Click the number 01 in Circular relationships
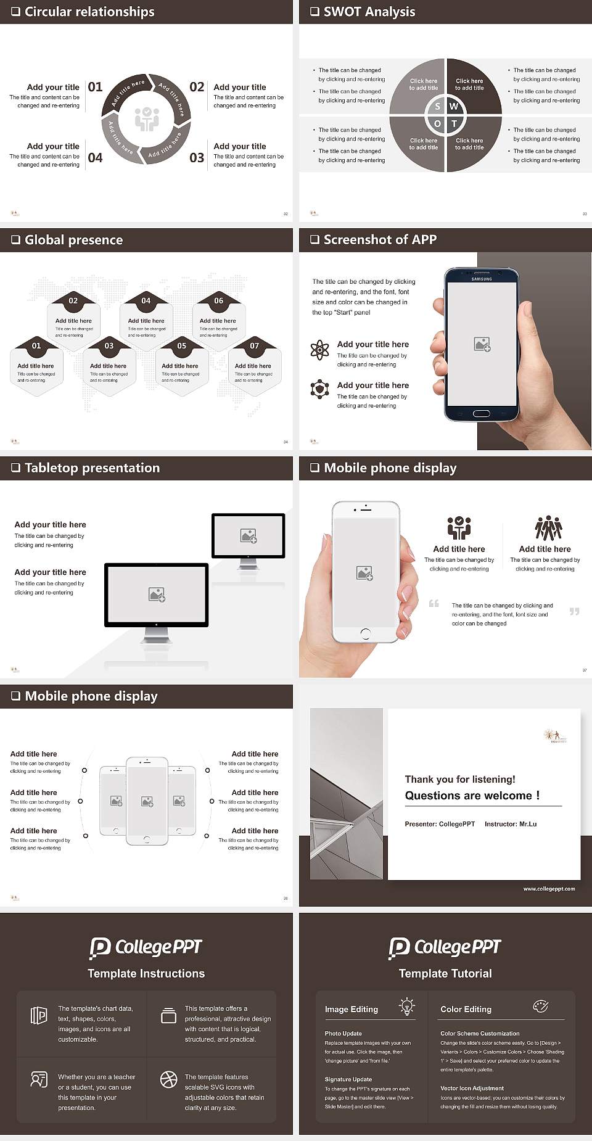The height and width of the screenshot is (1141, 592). pos(95,87)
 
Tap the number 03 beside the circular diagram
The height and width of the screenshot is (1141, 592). pos(197,158)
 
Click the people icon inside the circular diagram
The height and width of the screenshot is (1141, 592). pos(147,119)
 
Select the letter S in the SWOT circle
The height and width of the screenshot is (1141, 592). pos(437,107)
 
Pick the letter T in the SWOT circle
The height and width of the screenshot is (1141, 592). pos(454,124)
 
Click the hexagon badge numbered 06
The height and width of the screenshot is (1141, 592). pos(219,300)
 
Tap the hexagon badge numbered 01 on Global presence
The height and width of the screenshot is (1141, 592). pos(36,345)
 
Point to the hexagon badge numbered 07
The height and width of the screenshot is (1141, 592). pos(254,345)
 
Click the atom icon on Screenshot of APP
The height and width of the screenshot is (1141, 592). pos(319,350)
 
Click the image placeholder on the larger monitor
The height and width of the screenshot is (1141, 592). pos(157,594)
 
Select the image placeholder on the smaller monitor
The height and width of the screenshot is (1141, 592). pos(249,536)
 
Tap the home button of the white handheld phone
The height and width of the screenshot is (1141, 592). pos(366,633)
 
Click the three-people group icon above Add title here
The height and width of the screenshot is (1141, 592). pos(548,529)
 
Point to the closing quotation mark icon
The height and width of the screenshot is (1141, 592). pos(574,611)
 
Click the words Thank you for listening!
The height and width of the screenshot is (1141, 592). pos(460,779)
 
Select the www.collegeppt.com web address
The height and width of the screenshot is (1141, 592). pos(549,889)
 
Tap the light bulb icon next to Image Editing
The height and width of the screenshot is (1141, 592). pos(407,1007)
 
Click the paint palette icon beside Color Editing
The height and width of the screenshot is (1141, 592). pos(540,1007)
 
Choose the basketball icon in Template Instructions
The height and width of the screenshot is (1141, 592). pos(168,1079)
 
